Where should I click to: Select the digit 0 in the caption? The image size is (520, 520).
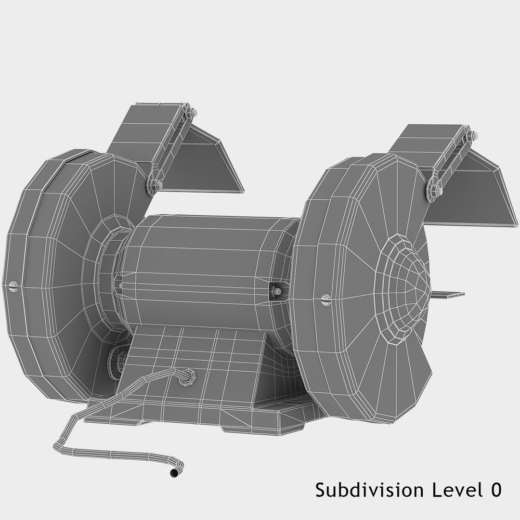[x=495, y=490]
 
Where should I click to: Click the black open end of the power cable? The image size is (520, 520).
[x=173, y=474]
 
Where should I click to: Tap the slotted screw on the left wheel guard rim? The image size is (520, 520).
[x=13, y=287]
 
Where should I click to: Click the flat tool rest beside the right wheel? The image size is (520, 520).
[x=450, y=294]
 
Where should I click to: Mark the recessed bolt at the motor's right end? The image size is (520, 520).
[x=275, y=292]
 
